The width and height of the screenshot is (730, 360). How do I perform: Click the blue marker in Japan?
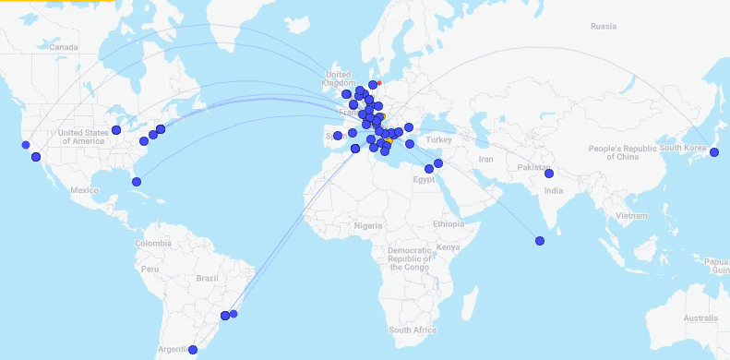713,152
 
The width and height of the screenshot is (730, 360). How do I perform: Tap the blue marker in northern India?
549,174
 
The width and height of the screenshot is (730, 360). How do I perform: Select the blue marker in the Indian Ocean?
540,242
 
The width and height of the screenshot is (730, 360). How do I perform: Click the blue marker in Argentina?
193,350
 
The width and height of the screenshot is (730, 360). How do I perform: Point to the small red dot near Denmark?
379,83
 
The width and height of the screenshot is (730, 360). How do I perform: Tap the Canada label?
64,46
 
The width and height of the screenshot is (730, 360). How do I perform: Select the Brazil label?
208,277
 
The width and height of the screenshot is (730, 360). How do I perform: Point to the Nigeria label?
368,224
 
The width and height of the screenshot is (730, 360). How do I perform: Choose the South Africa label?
412,330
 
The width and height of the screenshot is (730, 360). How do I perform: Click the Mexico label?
84,190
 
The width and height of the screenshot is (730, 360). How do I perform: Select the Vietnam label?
633,215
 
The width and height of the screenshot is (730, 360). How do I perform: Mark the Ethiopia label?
449,224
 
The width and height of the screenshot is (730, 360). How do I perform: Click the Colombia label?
152,244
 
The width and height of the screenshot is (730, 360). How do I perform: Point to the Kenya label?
448,247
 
